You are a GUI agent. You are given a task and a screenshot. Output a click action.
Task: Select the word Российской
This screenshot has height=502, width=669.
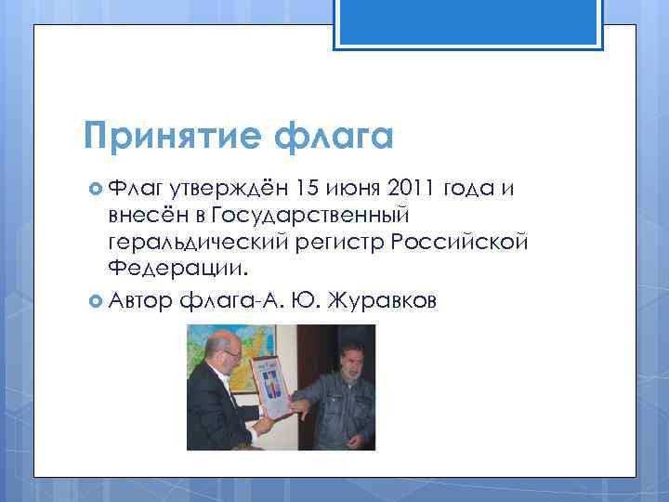point(461,242)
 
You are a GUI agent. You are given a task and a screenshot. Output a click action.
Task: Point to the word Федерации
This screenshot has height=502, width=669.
point(177,269)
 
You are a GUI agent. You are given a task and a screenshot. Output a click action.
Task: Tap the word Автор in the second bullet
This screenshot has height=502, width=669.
point(139,300)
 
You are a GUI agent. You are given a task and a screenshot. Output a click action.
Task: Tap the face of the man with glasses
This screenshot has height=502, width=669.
point(225,356)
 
